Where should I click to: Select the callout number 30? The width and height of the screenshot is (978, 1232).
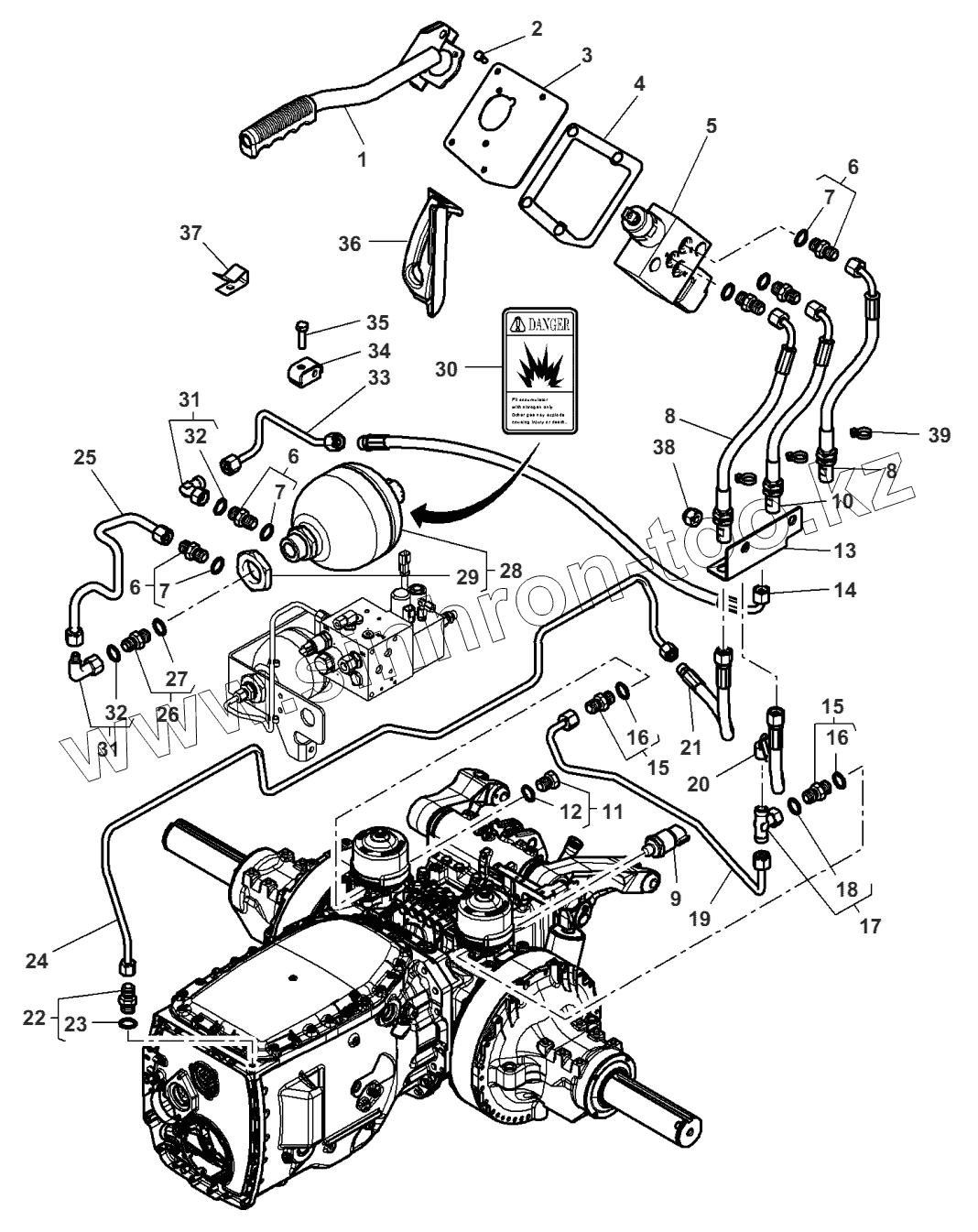[447, 368]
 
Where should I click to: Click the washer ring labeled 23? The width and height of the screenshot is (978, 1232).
[129, 1023]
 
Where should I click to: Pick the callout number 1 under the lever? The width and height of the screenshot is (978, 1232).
[362, 159]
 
